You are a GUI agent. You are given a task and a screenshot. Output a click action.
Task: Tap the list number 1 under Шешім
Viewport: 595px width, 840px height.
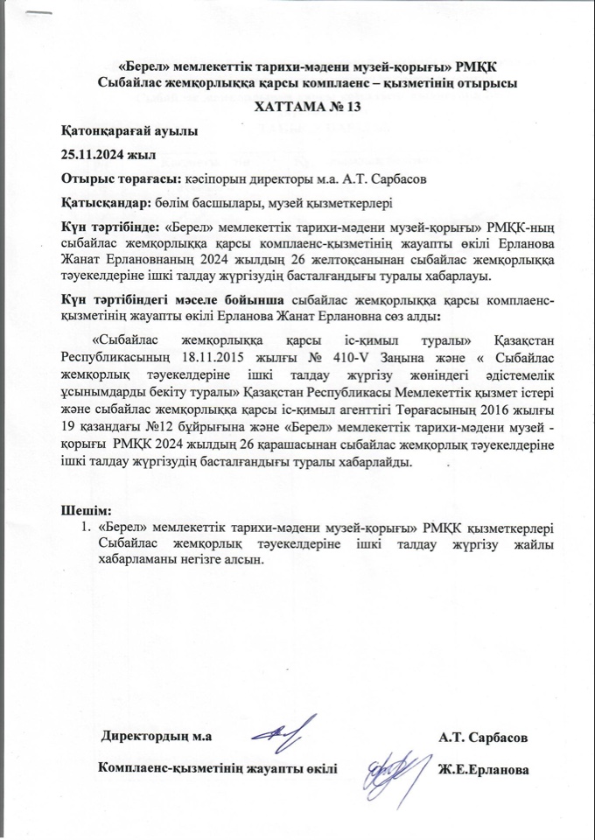(85, 528)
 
